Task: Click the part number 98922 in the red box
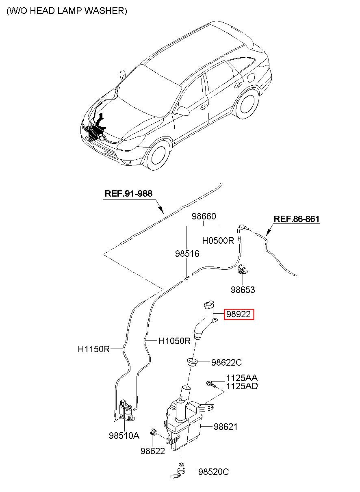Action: (x=239, y=314)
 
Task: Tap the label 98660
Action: (x=204, y=217)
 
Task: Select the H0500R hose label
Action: (x=218, y=241)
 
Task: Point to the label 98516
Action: (x=187, y=254)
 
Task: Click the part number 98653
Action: (x=243, y=290)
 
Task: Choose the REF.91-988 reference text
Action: (x=128, y=193)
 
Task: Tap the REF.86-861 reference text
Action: (x=296, y=219)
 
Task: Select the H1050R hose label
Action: (x=174, y=341)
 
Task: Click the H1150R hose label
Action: (x=93, y=349)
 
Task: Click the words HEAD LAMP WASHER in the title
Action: (x=78, y=11)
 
